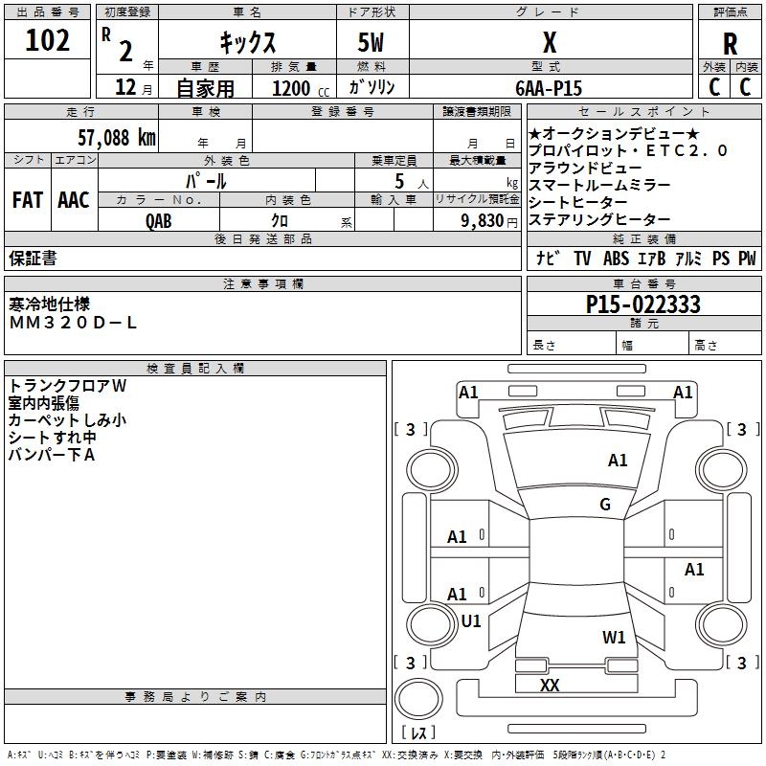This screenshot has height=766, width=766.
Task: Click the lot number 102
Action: point(47,40)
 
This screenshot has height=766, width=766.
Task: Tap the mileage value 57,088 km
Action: point(117,137)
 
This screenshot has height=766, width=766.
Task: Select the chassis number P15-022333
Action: point(642,304)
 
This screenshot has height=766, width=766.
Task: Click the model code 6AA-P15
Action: point(549,88)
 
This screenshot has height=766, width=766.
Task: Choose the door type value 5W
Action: point(371,42)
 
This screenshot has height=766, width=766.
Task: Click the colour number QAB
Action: point(158,221)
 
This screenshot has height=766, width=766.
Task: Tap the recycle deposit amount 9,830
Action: point(483,220)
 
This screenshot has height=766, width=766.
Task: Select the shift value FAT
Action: point(28,200)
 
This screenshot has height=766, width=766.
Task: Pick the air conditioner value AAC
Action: point(74,200)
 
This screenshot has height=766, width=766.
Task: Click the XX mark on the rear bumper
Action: point(550,685)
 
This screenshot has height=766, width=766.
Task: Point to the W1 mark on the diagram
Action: point(614,637)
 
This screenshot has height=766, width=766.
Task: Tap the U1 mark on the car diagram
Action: point(471,620)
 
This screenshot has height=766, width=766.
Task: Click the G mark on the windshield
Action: point(605,504)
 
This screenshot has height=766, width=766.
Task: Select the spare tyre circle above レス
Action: point(418,699)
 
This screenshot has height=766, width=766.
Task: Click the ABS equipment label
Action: point(616,259)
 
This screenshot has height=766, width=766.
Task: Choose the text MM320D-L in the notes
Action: point(73,323)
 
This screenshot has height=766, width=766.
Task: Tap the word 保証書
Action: point(33,258)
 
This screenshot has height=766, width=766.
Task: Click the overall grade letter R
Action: point(730,44)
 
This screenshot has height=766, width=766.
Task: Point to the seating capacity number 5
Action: point(399,181)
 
